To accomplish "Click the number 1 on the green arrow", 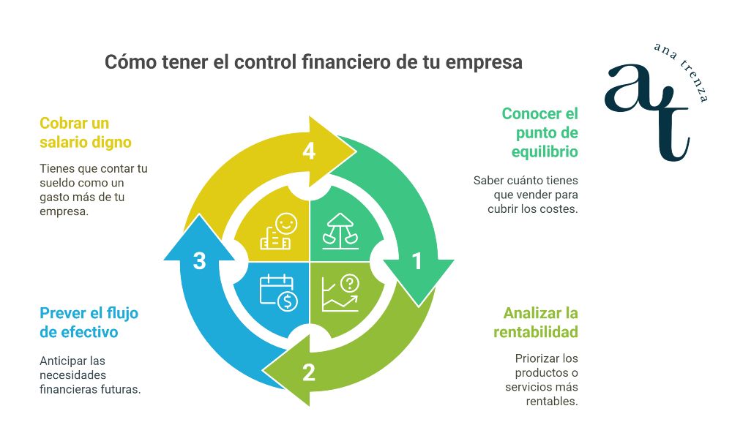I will click(x=417, y=260).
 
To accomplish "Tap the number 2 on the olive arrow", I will click(x=308, y=372).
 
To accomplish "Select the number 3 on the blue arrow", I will click(x=199, y=260).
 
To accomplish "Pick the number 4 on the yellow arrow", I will click(x=308, y=151).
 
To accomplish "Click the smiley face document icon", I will click(x=277, y=232).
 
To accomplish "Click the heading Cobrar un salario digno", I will click(x=86, y=132).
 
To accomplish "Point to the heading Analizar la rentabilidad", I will click(x=536, y=323).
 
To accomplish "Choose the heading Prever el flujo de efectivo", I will click(x=89, y=323).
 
